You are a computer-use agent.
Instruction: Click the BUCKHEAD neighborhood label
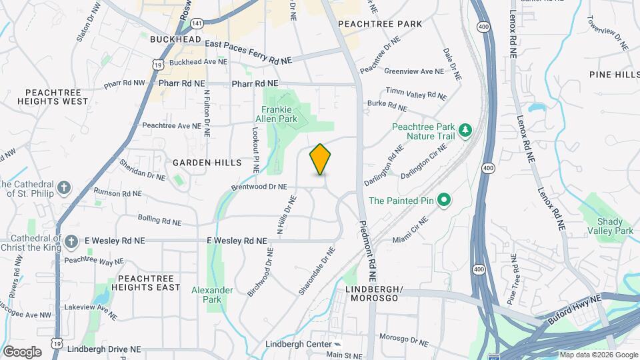tap(175, 40)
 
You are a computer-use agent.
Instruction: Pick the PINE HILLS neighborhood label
tap(614, 75)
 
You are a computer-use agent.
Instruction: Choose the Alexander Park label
tap(212, 295)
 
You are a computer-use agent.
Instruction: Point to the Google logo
tap(21, 351)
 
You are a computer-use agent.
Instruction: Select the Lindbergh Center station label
tap(299, 344)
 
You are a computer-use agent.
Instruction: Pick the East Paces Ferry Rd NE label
tap(248, 53)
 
